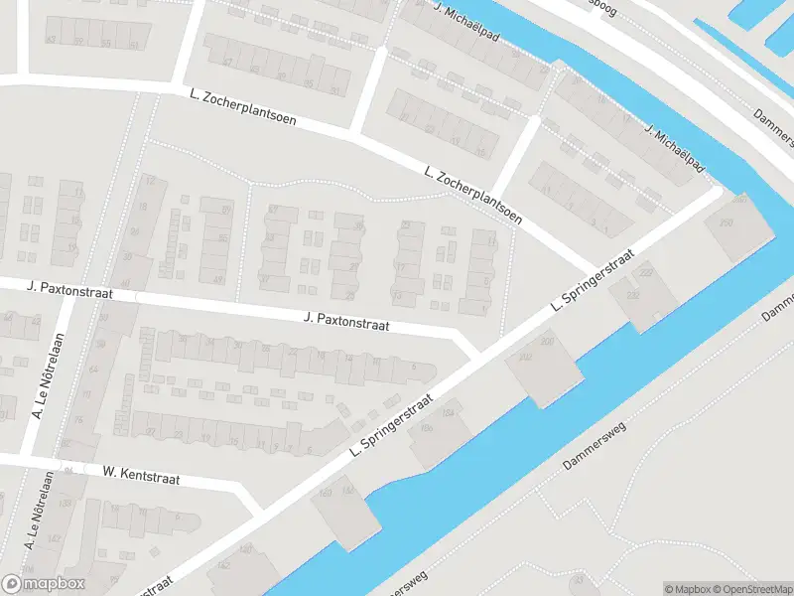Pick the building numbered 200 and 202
coord(543,369)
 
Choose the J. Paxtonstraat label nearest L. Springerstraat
coord(346,324)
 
